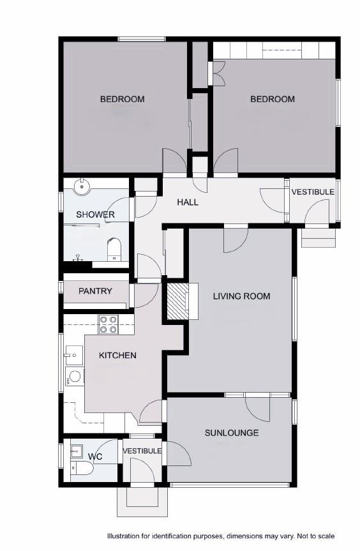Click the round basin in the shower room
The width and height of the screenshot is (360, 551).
[x=81, y=187]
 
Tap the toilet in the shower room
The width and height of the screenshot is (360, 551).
[x=115, y=247]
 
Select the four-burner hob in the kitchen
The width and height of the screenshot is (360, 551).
[x=107, y=324]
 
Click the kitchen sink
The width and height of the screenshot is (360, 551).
[x=72, y=353]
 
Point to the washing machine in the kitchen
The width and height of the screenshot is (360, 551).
[x=74, y=376]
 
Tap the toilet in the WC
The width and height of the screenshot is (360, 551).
[x=82, y=469]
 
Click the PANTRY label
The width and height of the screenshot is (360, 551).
[x=95, y=291]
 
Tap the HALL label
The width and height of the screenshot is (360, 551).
[x=187, y=202]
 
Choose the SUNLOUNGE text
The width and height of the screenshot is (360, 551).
[x=232, y=433]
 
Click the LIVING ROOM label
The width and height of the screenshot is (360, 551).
[x=241, y=296]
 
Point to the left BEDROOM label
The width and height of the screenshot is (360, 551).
[x=122, y=99]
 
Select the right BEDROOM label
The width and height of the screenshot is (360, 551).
[x=273, y=99]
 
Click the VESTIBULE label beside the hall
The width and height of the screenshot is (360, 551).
[x=313, y=192]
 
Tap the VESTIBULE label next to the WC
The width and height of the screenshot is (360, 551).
[x=142, y=451]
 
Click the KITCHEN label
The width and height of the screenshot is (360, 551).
[x=117, y=355]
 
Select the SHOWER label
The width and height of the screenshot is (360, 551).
[x=95, y=215]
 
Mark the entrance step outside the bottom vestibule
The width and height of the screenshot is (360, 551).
[x=142, y=502]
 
